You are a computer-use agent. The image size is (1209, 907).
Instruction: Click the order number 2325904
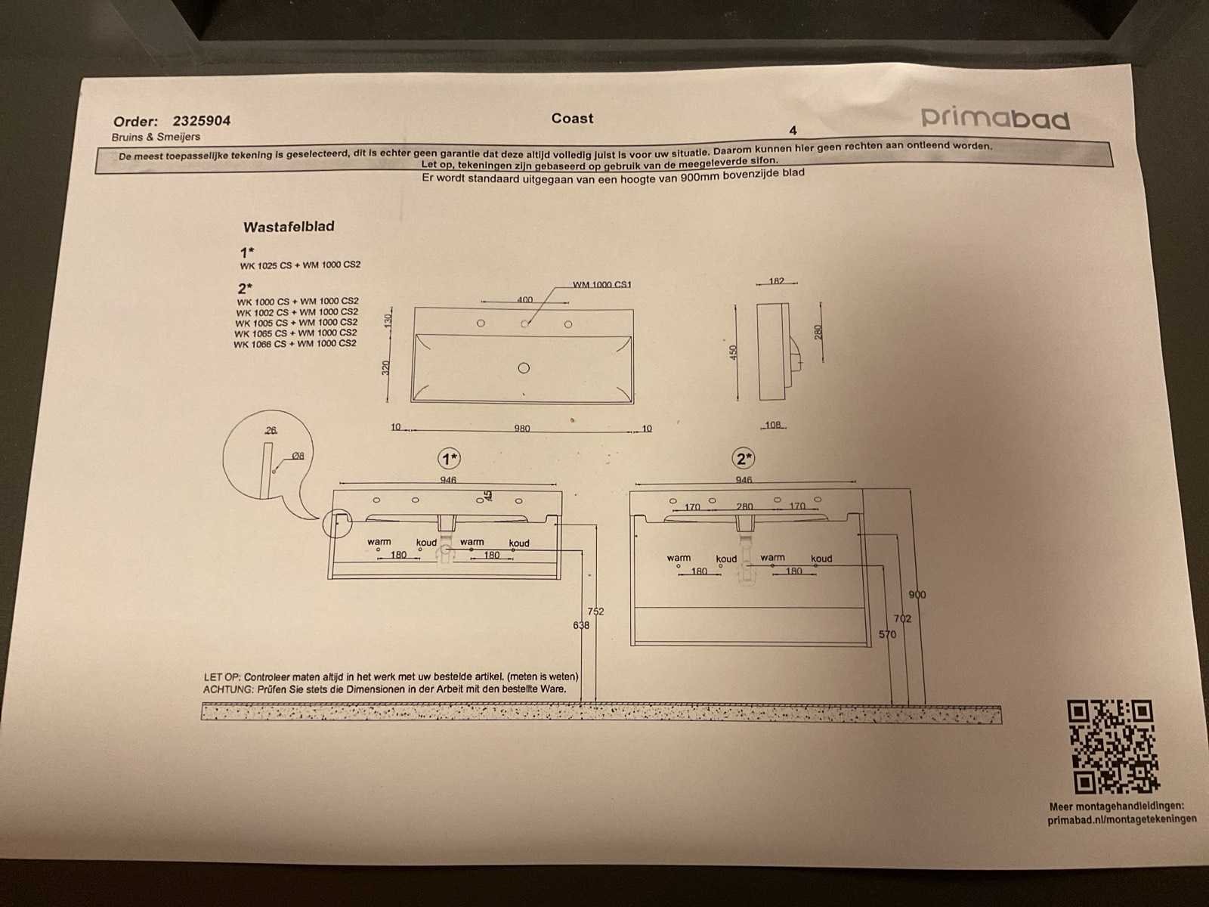pos(202,121)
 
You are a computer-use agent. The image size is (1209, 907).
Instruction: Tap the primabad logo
pos(995,118)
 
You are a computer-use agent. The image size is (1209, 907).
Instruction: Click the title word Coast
pos(572,119)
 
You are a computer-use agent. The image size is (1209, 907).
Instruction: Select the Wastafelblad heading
pos(289,226)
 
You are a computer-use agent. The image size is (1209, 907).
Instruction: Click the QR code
pos(1113,746)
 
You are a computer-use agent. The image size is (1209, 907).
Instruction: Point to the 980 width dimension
pos(521,429)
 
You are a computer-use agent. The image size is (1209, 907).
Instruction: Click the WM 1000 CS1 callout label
pos(602,285)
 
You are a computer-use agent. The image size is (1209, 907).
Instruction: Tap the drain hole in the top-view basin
pos(524,368)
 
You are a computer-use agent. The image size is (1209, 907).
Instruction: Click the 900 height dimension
pos(917,594)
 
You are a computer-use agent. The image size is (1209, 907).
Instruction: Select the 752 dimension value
pos(595,611)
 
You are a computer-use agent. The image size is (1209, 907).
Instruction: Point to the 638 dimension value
pos(581,625)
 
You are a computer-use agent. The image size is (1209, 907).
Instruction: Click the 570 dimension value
pos(887,634)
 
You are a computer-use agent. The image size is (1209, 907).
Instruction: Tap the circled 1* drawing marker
pos(450,458)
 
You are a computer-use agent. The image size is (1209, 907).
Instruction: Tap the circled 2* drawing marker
pos(744,458)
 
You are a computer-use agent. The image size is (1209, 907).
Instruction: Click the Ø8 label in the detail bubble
pos(298,456)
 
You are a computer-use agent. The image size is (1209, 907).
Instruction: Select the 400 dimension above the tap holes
pos(525,299)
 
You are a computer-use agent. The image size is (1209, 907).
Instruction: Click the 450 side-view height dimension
pos(732,351)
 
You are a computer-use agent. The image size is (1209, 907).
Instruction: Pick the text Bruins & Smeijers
pos(156,137)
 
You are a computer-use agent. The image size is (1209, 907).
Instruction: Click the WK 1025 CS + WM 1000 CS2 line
pos(300,265)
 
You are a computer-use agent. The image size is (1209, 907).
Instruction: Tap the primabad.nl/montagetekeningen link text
pos(1122,819)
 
